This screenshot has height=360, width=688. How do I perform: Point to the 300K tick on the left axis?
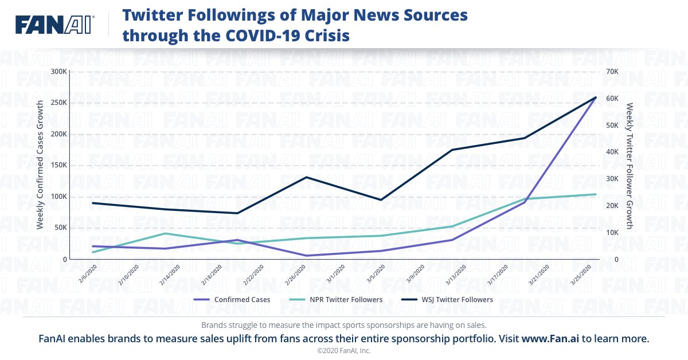58,72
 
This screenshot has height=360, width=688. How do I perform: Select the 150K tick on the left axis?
58,165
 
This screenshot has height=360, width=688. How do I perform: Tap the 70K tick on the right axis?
612,72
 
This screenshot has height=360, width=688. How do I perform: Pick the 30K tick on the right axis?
612,179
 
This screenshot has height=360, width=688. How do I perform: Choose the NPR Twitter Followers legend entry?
344,300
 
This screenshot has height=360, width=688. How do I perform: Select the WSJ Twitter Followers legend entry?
455,300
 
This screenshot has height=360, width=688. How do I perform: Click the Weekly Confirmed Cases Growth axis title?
40,165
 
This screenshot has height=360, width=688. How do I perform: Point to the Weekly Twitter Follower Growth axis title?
629,165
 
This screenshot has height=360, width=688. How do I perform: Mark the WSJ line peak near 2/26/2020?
307,177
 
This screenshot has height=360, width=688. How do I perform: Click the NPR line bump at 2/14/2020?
165,233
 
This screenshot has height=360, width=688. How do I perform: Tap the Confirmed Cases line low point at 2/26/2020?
307,256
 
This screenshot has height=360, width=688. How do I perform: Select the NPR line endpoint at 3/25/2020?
596,194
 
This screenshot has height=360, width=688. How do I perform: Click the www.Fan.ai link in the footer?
550,339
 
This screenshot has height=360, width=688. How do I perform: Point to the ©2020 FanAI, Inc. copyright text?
344,350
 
